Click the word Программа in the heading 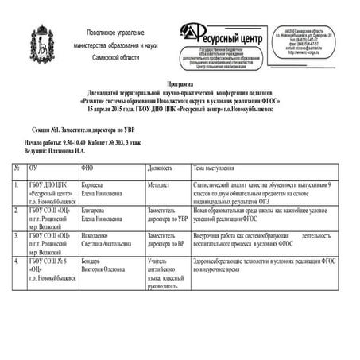coord(180,83)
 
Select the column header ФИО coord(87,168)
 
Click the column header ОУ coord(33,168)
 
